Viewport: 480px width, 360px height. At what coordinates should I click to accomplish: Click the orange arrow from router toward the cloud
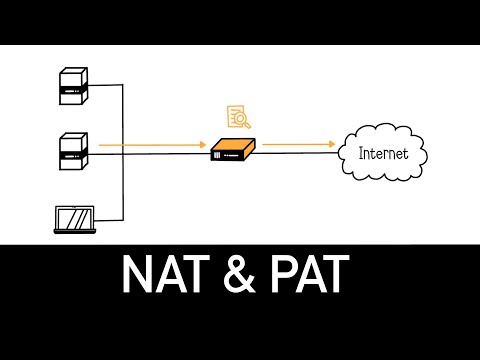(x=300, y=146)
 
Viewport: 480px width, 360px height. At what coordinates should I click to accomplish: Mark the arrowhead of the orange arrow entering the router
(x=203, y=146)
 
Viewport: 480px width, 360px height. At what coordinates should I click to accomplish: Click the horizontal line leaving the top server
(x=108, y=87)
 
